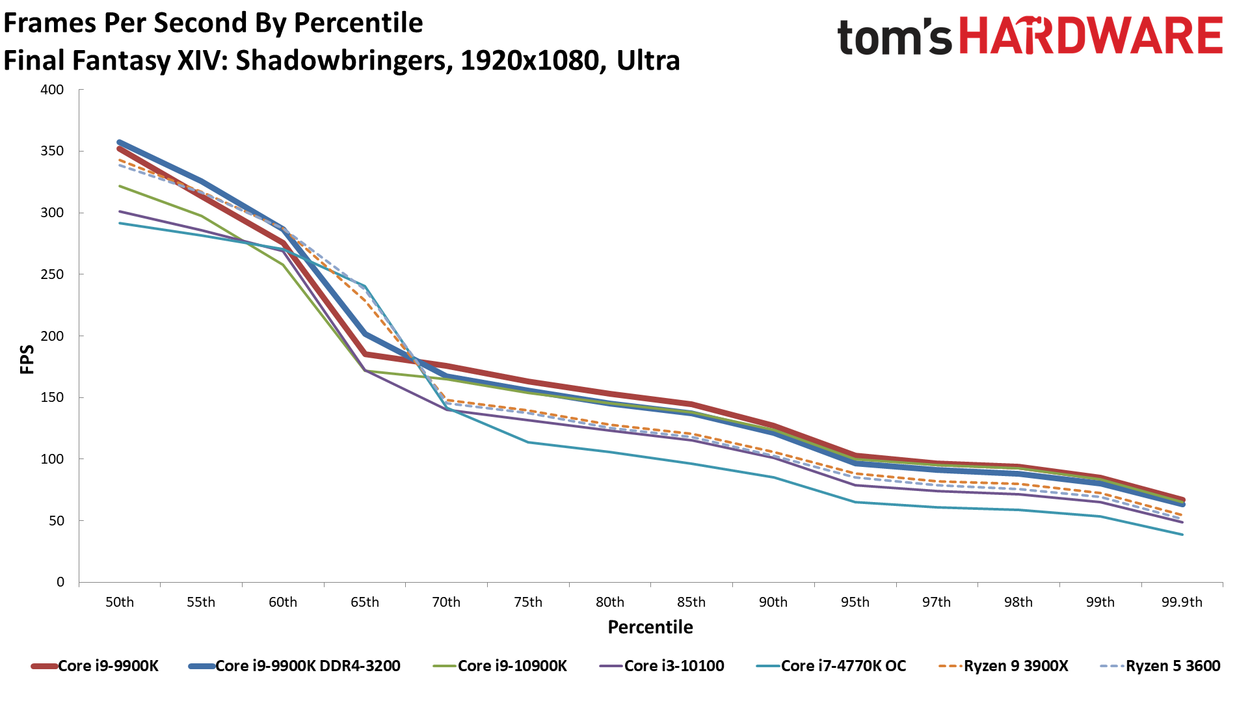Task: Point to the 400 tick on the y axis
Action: (x=52, y=90)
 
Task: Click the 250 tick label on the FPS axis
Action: (x=52, y=274)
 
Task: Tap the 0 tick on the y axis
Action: (x=60, y=582)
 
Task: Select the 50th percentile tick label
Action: (x=120, y=602)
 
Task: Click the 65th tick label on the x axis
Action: (x=365, y=602)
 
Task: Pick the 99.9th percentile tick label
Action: (x=1182, y=602)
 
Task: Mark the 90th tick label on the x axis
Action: (x=773, y=602)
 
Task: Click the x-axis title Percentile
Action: (x=650, y=627)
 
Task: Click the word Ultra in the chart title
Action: (x=648, y=60)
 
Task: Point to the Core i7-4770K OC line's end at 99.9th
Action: (x=1182, y=535)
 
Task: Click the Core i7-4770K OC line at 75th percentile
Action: (x=528, y=442)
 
